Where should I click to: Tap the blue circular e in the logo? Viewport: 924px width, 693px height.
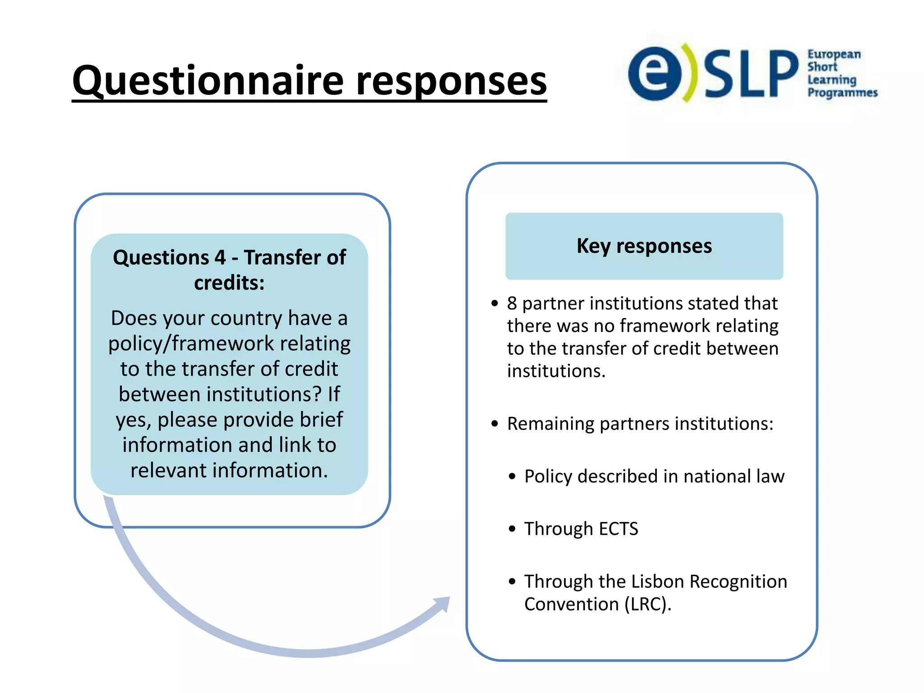[655, 73]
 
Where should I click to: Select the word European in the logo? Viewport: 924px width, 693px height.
[834, 54]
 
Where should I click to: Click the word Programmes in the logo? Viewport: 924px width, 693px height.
[842, 92]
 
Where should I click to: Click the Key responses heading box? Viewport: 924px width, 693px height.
[644, 246]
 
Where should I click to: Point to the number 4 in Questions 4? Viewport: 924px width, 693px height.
[220, 258]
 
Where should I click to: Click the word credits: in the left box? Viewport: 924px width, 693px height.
[229, 283]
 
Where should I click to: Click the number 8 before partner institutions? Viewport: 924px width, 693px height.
[512, 304]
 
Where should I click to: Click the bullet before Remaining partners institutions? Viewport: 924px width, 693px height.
[495, 424]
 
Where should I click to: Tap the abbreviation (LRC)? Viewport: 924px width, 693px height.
[647, 605]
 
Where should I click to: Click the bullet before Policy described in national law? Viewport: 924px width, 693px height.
[512, 476]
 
